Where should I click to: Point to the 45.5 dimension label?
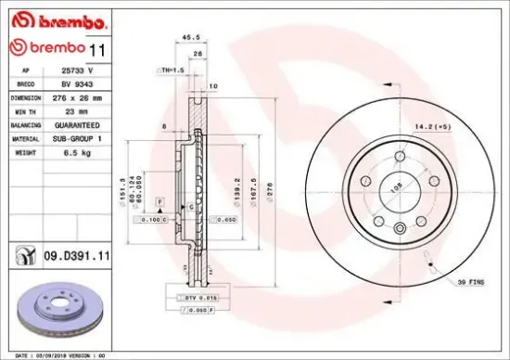pos(191,37)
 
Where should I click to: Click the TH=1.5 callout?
pos(172,70)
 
